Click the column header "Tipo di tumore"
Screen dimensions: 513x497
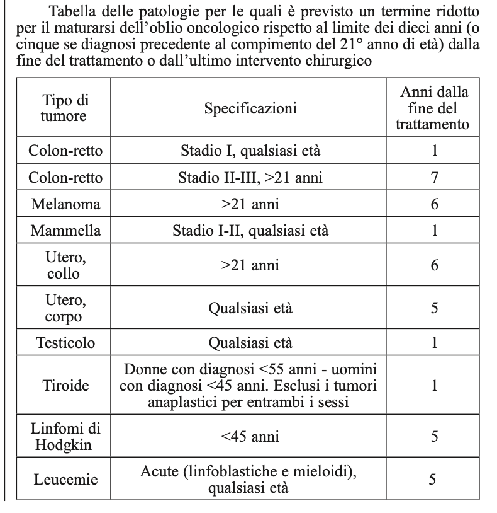(x=64, y=108)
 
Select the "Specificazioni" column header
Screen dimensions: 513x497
(x=250, y=108)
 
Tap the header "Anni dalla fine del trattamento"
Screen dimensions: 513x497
(x=432, y=108)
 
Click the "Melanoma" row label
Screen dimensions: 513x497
(x=65, y=204)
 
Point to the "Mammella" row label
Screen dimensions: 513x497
(x=65, y=231)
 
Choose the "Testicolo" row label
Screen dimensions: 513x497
(x=65, y=343)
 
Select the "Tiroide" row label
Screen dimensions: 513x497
(x=65, y=386)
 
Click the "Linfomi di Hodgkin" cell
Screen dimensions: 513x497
(x=65, y=435)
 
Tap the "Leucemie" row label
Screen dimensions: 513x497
(x=65, y=480)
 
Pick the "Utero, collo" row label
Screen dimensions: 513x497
(x=65, y=265)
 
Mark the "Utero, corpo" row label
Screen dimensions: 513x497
(x=65, y=309)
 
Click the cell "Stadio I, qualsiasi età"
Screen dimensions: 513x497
(x=250, y=151)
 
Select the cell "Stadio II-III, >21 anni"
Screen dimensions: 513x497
(x=250, y=178)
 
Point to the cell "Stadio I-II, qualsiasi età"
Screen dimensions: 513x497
(x=250, y=231)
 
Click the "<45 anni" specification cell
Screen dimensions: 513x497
(x=250, y=436)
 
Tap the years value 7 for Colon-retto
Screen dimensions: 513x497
(x=434, y=178)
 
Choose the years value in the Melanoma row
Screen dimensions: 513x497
(x=434, y=204)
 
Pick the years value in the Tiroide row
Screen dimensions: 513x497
(x=434, y=386)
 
